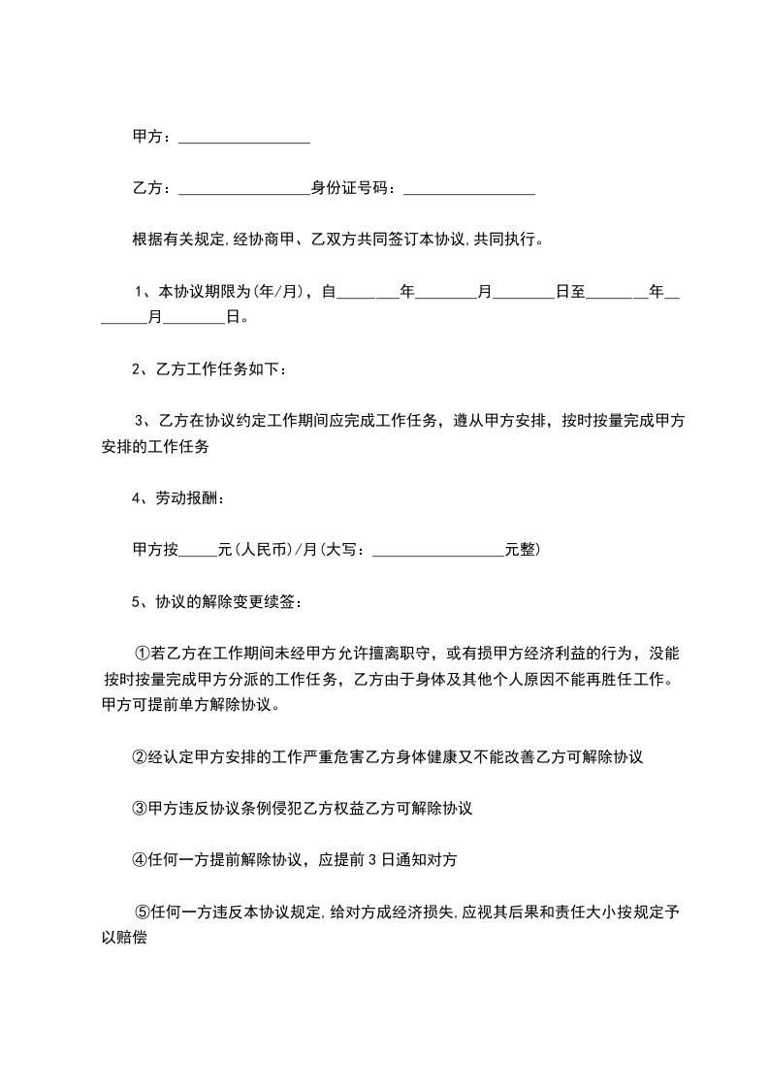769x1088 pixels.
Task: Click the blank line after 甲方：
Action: [x=244, y=142]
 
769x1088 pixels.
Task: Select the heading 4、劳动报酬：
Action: [x=178, y=498]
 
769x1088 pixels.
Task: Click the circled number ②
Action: [x=140, y=756]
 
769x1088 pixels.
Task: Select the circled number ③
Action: [x=140, y=808]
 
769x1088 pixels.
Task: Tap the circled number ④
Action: [x=140, y=859]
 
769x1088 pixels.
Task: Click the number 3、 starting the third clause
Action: [x=143, y=421]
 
